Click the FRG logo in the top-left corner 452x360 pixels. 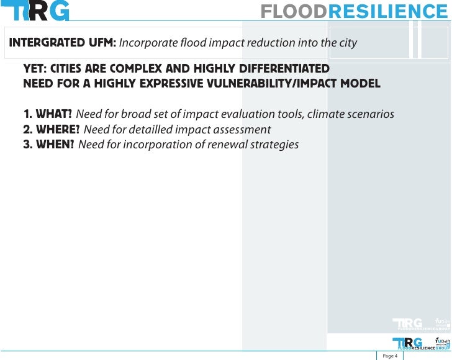pos(35,11)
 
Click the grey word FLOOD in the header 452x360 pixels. pos(292,12)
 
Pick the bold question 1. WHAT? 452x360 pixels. pos(48,114)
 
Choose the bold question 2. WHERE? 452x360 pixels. pos(52,129)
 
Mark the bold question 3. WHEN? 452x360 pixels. pos(49,145)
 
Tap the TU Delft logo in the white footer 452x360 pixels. pos(443,342)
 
